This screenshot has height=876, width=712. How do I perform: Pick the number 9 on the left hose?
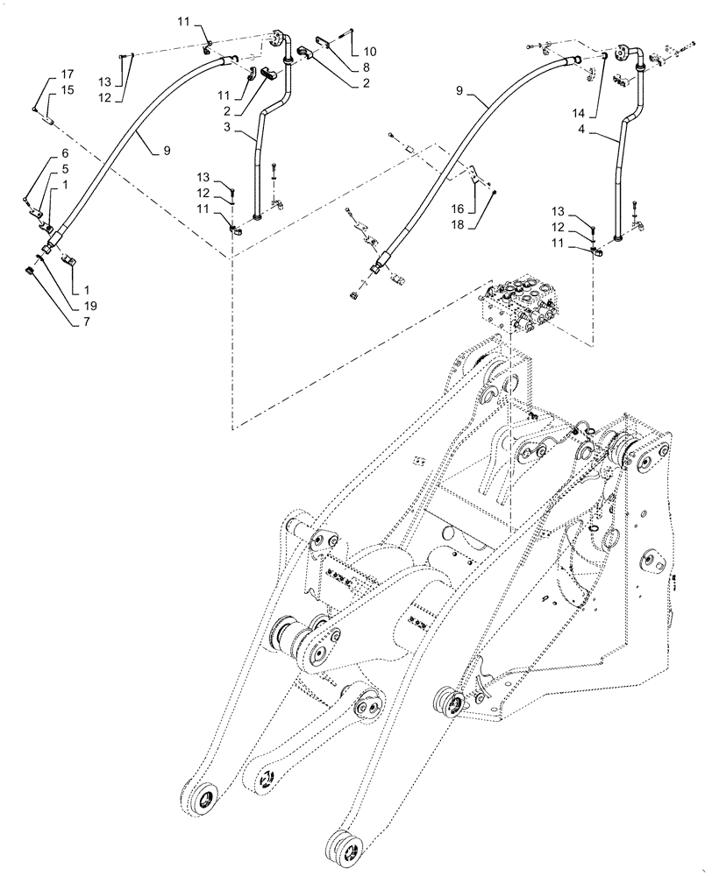pyautogui.click(x=165, y=150)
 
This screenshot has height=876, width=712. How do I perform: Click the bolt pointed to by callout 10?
pyautogui.click(x=351, y=34)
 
